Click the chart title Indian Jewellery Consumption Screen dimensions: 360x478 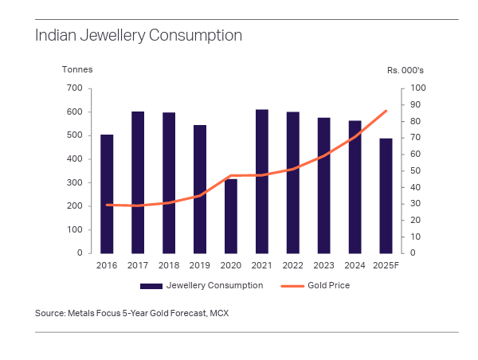(138, 36)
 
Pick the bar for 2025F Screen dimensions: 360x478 (386, 195)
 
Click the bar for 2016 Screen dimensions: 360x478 (107, 194)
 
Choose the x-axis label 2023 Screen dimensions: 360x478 (323, 264)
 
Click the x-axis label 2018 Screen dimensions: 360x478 (169, 264)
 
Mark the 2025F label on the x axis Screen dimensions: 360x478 (386, 264)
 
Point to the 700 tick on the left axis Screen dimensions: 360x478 (75, 88)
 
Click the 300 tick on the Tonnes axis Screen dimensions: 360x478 (75, 182)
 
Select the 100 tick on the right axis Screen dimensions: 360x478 (418, 88)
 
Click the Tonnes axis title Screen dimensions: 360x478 (77, 69)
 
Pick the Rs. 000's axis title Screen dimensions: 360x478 (406, 69)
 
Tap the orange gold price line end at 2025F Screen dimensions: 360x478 (386, 111)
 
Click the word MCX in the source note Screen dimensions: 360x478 (219, 313)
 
